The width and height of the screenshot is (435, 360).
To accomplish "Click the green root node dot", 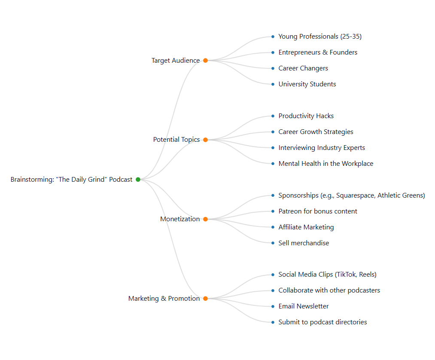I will pyautogui.click(x=138, y=180).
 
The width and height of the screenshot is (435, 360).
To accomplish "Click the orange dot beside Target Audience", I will pyautogui.click(x=205, y=61).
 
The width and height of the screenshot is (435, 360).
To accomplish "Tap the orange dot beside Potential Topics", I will pyautogui.click(x=205, y=140).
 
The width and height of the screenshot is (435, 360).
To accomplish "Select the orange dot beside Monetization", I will pyautogui.click(x=205, y=219).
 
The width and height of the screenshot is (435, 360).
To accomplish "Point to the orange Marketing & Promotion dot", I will pyautogui.click(x=205, y=299).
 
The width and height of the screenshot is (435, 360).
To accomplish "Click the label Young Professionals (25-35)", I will pyautogui.click(x=319, y=37).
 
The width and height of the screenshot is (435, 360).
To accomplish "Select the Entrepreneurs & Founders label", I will pyautogui.click(x=317, y=52).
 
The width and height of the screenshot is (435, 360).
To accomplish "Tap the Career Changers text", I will pyautogui.click(x=303, y=68).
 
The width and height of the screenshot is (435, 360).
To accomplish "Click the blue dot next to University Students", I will pyautogui.click(x=273, y=84).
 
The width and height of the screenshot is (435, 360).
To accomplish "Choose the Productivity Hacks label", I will pyautogui.click(x=306, y=116).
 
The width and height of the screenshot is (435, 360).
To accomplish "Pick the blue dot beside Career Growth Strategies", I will pyautogui.click(x=273, y=132).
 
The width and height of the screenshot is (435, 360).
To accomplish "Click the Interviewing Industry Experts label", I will pyautogui.click(x=321, y=148).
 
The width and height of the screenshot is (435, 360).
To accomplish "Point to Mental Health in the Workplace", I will pyautogui.click(x=325, y=164).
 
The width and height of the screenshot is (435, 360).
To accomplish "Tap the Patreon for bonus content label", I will pyautogui.click(x=317, y=211).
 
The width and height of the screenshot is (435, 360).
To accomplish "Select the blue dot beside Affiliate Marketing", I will pyautogui.click(x=273, y=227).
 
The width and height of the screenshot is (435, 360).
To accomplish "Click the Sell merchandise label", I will pyautogui.click(x=303, y=243).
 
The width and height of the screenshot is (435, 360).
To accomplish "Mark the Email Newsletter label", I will pyautogui.click(x=303, y=306).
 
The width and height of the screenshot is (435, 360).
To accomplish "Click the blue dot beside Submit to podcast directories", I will pyautogui.click(x=273, y=322).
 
